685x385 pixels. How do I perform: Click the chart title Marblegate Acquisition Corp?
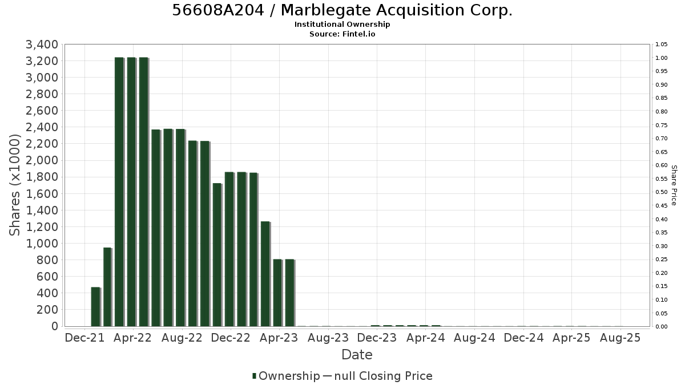[396, 10]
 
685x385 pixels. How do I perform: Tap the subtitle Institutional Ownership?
[342, 25]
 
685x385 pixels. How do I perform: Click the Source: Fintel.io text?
[342, 34]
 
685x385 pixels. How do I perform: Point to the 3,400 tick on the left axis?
[42, 44]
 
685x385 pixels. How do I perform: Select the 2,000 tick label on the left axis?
[42, 160]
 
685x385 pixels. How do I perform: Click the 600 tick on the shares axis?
[47, 277]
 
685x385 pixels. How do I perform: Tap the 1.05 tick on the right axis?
[662, 44]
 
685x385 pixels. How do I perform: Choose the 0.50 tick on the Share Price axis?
[662, 192]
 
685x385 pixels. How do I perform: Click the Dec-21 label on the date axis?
[84, 338]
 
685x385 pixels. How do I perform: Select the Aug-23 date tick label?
[328, 338]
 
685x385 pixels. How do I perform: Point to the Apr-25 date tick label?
[571, 338]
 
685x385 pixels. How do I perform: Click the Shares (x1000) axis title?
[14, 185]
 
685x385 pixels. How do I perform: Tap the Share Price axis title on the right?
[674, 185]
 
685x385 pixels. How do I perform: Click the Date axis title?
[357, 355]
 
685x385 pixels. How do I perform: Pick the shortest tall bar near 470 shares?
[96, 307]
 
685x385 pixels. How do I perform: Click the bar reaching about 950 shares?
[108, 287]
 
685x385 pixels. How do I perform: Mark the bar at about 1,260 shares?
[265, 274]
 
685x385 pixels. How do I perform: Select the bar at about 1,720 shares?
[217, 255]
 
